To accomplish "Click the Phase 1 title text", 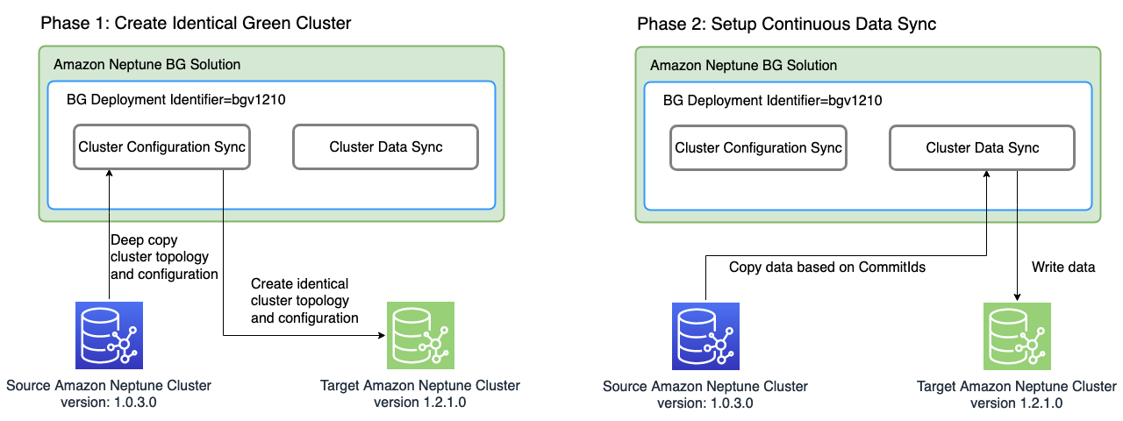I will tap(196, 24).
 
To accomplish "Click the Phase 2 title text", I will tap(786, 24).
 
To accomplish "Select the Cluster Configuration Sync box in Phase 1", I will tap(161, 147).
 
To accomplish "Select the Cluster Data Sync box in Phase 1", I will tap(385, 147).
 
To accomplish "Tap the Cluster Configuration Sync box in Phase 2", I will tap(758, 147).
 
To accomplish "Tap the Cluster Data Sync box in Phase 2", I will tap(982, 147).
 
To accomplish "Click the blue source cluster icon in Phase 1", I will tap(109, 335).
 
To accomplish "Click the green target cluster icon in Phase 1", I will tap(420, 335).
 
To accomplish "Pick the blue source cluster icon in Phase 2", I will tap(705, 335).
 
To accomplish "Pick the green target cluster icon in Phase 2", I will tap(1017, 335).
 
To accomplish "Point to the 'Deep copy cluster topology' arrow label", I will tap(164, 257).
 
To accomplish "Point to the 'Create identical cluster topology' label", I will tap(304, 301).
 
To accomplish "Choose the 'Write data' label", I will tap(1062, 267).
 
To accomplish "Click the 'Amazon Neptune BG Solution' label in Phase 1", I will tap(147, 65).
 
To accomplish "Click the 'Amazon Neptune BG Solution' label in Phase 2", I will tap(743, 65).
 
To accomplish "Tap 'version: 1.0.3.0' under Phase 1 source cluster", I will tap(109, 403).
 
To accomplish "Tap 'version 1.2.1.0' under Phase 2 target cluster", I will tap(1016, 403).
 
